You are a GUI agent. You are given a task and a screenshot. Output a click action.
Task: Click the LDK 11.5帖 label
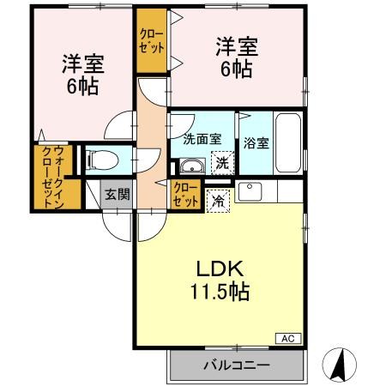[x=220, y=280]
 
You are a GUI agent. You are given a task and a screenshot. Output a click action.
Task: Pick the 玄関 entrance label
[x=117, y=194]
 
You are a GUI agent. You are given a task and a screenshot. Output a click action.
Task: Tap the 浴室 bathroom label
[x=256, y=142]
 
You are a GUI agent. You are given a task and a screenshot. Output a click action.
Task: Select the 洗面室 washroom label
[x=202, y=137]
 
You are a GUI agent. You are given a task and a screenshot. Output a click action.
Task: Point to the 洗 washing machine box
[x=221, y=160]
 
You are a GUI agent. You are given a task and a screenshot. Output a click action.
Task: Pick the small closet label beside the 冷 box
[x=184, y=194]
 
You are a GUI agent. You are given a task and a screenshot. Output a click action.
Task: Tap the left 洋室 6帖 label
[x=78, y=75]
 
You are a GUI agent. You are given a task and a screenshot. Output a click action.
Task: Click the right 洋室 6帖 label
[x=233, y=57]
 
